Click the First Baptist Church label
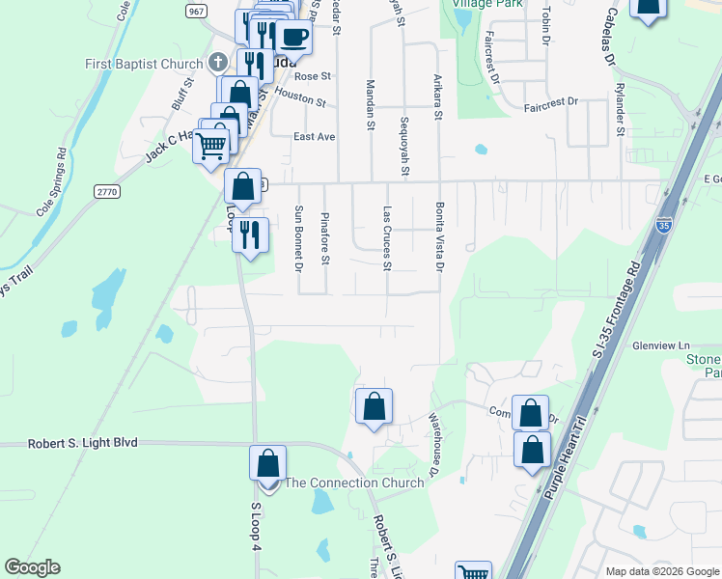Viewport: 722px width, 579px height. pos(143,64)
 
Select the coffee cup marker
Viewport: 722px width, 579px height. pos(292,38)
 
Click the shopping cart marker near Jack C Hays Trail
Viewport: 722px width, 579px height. pos(211,147)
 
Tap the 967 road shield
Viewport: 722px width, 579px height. pos(197,11)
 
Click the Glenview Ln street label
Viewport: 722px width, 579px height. pos(660,345)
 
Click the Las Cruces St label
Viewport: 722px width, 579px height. pos(387,237)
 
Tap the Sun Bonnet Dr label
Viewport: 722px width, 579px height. pos(299,237)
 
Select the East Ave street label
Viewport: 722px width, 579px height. pos(314,137)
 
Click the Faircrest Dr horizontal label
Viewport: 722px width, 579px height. pos(550,100)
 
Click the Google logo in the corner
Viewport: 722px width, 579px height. pos(32,567)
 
